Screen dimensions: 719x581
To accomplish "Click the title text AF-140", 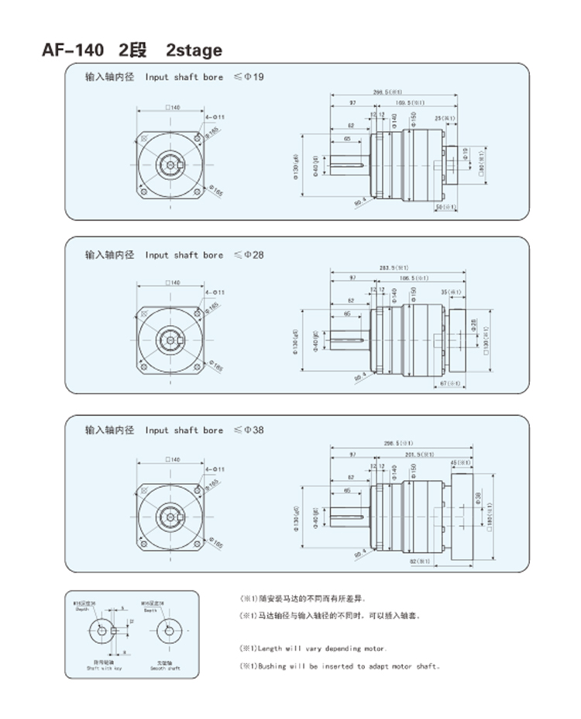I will (72, 50).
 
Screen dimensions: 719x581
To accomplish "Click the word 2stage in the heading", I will (194, 50).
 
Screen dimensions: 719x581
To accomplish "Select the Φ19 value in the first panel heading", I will (255, 78).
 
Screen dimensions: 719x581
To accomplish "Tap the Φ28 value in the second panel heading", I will (255, 254).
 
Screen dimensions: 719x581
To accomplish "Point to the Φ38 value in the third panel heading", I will (255, 430).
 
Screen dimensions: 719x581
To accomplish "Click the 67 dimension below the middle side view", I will (451, 383).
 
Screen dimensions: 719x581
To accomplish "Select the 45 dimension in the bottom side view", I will (460, 463).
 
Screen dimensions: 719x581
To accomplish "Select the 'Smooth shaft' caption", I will (166, 666).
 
